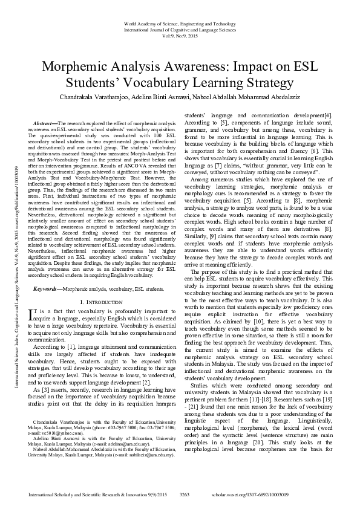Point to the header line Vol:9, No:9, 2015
click(180, 35)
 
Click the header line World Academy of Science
click(180, 23)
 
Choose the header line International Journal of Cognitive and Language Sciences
click(180, 29)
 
